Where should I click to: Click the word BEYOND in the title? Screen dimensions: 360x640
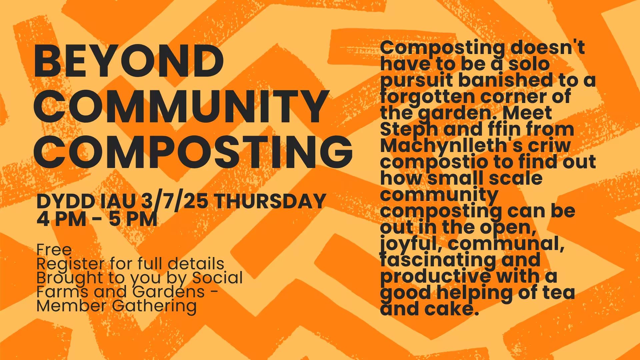[x=129, y=62]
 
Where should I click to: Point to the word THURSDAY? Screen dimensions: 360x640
[x=269, y=201]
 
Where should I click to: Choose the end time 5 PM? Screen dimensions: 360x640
[x=133, y=219]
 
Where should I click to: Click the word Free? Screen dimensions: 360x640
[x=54, y=250]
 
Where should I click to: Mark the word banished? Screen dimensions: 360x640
[x=500, y=80]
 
